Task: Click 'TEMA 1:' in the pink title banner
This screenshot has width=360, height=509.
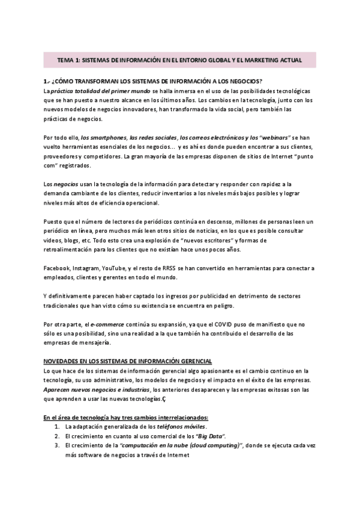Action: tap(68, 61)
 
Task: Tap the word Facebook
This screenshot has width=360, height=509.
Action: tap(58, 267)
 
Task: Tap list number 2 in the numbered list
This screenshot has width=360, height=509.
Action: tap(56, 435)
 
